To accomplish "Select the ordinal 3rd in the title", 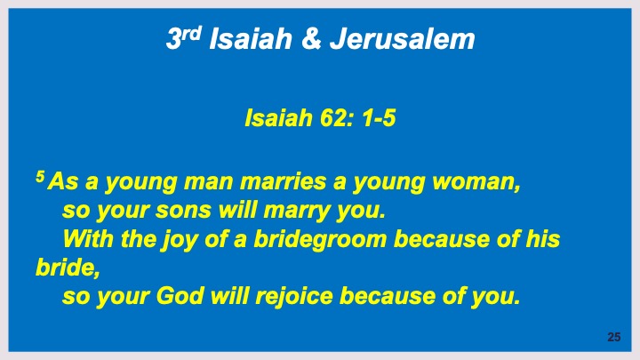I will (184, 38).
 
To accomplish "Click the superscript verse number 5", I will (38, 180).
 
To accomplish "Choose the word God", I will (180, 295).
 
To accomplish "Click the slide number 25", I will (613, 337).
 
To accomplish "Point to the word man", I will (197, 185).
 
